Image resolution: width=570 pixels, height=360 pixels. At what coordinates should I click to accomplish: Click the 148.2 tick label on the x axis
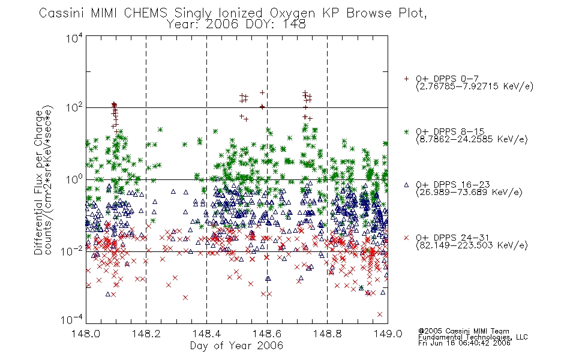click(x=146, y=334)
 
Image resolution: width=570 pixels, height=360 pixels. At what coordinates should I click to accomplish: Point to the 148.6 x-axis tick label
click(x=267, y=334)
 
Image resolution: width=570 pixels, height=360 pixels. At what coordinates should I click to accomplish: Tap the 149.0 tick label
click(x=388, y=334)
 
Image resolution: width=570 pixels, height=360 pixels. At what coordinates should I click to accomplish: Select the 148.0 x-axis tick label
click(x=86, y=334)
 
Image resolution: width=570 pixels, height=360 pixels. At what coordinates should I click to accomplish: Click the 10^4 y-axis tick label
click(x=74, y=38)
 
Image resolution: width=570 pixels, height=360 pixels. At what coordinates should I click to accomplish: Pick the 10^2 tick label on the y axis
click(x=74, y=108)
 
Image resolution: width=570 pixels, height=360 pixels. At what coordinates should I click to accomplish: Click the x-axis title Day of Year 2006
click(x=236, y=346)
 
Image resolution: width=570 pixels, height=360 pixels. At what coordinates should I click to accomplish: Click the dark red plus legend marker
click(x=406, y=79)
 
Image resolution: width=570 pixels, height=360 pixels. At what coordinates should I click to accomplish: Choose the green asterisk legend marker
click(x=406, y=131)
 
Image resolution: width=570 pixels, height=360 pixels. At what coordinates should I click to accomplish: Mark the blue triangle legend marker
click(x=406, y=185)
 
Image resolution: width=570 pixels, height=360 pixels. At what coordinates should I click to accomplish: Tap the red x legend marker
click(x=406, y=238)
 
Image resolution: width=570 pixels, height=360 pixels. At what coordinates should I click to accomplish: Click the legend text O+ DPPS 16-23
click(x=452, y=185)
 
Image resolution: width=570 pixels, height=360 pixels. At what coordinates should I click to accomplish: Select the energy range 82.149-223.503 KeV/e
click(x=472, y=245)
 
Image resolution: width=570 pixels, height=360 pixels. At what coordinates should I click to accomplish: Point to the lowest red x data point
click(x=380, y=314)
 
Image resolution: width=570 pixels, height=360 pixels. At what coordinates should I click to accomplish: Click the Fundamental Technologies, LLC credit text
click(x=473, y=337)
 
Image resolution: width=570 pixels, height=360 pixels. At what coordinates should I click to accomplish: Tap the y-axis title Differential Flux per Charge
click(x=38, y=182)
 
